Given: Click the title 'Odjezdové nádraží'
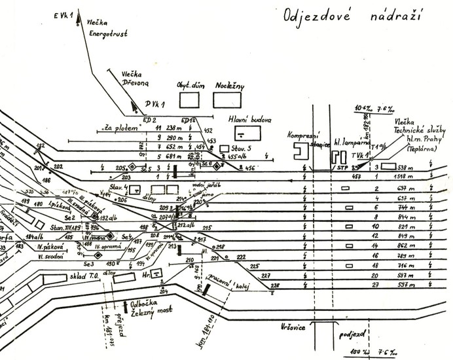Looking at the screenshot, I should [352, 15].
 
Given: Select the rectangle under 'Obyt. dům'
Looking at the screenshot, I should [189, 99].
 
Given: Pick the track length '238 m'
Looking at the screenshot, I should [175, 128].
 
